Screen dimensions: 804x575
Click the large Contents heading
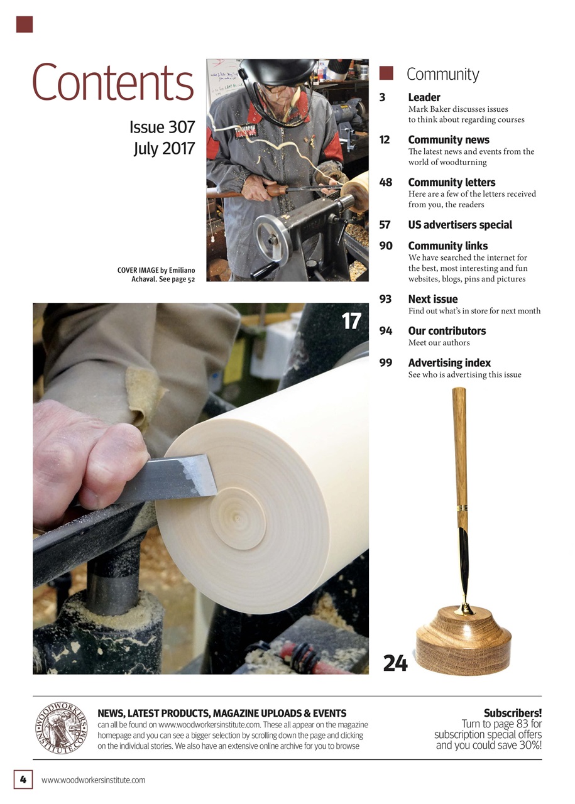pos(112,83)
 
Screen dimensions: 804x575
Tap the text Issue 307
pos(162,128)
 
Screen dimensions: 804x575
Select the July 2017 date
pos(164,149)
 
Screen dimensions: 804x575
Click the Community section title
pos(442,74)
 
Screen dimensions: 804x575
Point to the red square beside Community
pos(386,73)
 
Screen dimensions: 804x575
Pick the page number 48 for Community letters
pos(386,182)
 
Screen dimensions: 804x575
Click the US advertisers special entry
pos(460,225)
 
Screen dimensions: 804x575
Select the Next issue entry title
pos(432,299)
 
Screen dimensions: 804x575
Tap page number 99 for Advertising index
pos(386,362)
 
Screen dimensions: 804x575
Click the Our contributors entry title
pos(447,330)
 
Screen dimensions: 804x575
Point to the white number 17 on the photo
pos(351,322)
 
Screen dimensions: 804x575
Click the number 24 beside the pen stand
pos(395,663)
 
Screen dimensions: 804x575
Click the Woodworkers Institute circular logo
pos(62,728)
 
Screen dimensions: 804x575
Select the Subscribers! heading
pos(512,713)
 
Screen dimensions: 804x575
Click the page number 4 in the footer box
pos(23,780)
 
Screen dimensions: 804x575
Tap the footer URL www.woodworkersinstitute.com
pos(93,780)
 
